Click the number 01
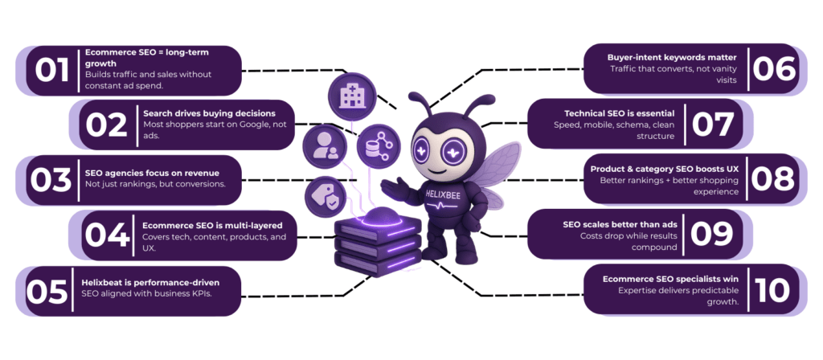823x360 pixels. (x=51, y=70)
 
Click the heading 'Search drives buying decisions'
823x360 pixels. (x=209, y=112)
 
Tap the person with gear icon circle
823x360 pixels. (x=325, y=147)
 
